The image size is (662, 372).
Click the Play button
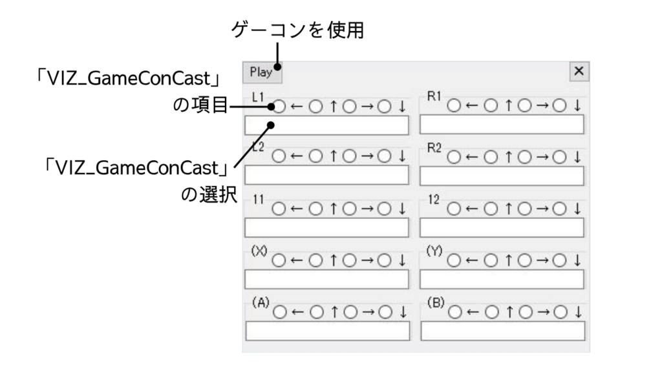pyautogui.click(x=262, y=72)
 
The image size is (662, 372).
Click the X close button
pyautogui.click(x=579, y=71)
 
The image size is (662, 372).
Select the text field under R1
pyautogui.click(x=502, y=125)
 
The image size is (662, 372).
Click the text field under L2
pyautogui.click(x=326, y=176)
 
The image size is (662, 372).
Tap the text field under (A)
pyautogui.click(x=326, y=331)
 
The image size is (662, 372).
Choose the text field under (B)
pyautogui.click(x=502, y=331)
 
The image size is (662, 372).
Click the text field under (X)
pyautogui.click(x=326, y=279)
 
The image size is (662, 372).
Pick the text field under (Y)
pyautogui.click(x=502, y=279)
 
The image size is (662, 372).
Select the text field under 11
pyautogui.click(x=326, y=227)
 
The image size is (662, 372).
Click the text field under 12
pyautogui.click(x=502, y=227)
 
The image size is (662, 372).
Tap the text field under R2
pyautogui.click(x=502, y=176)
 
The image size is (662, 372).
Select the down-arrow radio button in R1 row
pyautogui.click(x=561, y=105)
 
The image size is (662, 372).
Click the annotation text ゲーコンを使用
pyautogui.click(x=297, y=30)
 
